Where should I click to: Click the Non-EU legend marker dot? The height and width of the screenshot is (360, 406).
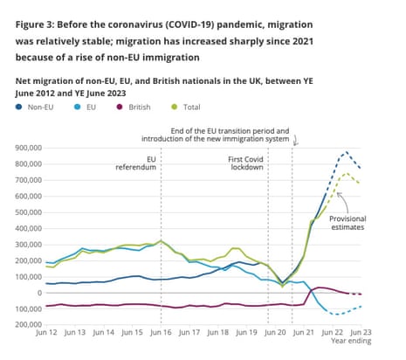tap(19, 107)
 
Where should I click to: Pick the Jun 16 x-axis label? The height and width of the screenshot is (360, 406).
tap(161, 334)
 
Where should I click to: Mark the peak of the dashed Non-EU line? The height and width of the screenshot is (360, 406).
tap(347, 152)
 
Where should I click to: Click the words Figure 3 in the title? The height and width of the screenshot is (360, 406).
tap(40, 13)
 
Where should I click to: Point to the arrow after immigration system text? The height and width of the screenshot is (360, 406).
tap(297, 140)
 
